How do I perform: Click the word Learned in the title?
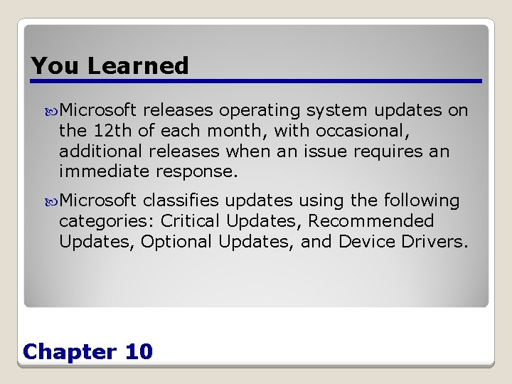(x=138, y=65)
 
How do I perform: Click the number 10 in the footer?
(x=138, y=351)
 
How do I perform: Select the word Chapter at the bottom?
(x=69, y=351)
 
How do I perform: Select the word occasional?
(x=344, y=131)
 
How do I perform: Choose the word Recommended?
(x=370, y=221)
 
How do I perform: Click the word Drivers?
(x=434, y=242)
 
